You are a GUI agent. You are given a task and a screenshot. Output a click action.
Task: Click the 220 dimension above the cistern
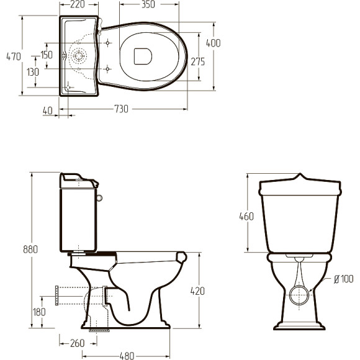click(78, 4)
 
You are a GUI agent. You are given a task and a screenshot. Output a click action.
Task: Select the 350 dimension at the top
click(148, 4)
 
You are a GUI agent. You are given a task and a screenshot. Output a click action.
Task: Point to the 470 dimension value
click(14, 56)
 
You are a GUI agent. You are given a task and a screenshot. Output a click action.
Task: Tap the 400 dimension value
click(214, 43)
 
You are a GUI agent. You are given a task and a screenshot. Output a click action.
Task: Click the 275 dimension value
click(197, 61)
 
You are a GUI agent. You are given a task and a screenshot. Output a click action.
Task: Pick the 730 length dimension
click(121, 109)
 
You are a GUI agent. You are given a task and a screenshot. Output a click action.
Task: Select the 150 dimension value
click(47, 55)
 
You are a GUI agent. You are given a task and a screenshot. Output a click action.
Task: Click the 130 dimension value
click(33, 72)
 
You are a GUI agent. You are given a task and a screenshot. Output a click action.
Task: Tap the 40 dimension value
click(48, 111)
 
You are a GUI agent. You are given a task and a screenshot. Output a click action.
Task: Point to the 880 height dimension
click(30, 250)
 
